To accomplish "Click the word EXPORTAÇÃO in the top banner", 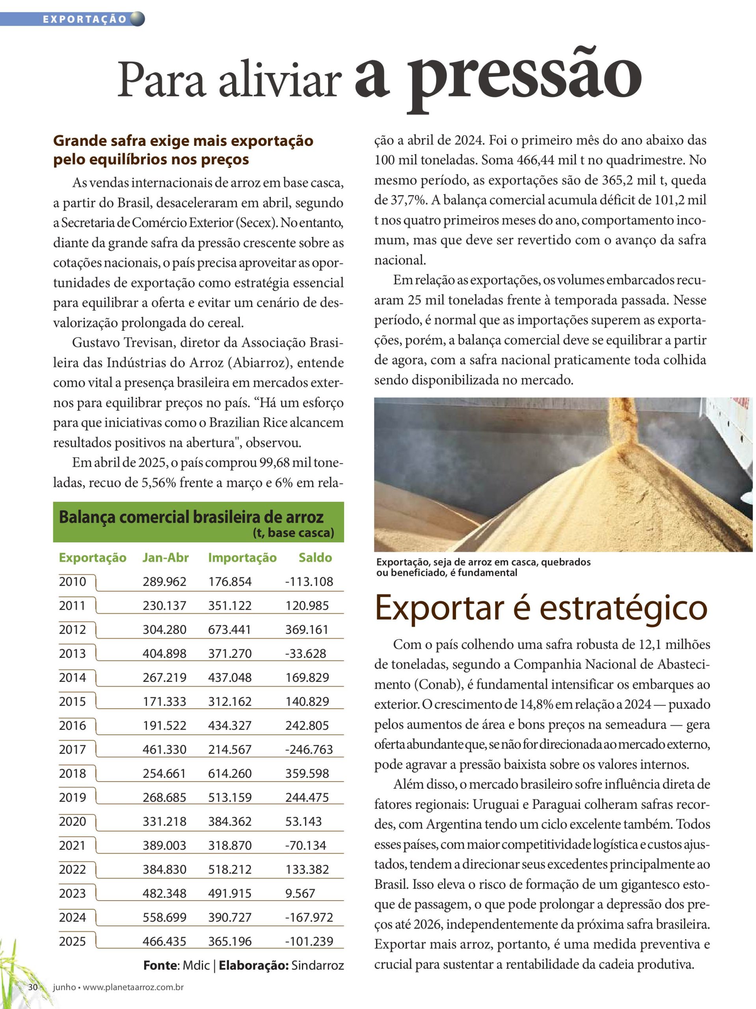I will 84,19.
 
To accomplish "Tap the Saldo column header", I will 315,557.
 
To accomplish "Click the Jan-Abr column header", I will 165,557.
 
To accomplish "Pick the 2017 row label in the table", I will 72,749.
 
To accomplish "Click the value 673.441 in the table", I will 229,629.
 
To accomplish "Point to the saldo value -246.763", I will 309,749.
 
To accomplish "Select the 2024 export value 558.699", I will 164,917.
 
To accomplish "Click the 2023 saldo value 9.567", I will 300,893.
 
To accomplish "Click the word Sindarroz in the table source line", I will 317,965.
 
